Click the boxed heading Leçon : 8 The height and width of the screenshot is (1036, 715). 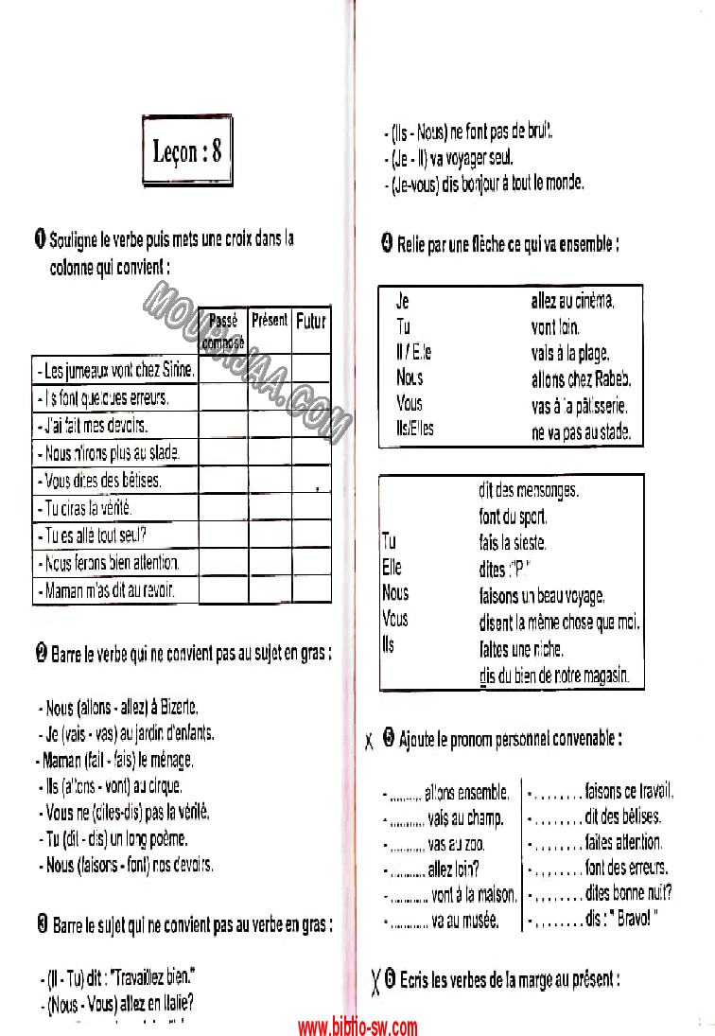[x=187, y=150]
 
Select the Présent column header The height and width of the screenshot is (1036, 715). [x=270, y=321]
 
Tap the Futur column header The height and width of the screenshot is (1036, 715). [x=311, y=321]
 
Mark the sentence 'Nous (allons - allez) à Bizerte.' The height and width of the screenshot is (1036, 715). [x=122, y=707]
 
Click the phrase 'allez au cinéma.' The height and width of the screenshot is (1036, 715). [x=573, y=302]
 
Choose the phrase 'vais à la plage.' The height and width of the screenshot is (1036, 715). [x=569, y=353]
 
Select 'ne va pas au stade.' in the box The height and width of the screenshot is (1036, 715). [x=581, y=433]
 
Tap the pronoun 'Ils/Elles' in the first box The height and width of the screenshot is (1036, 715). [x=415, y=429]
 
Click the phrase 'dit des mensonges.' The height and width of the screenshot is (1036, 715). [x=529, y=490]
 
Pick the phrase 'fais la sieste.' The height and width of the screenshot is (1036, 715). [x=513, y=543]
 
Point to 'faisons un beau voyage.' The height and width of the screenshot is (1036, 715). [x=542, y=596]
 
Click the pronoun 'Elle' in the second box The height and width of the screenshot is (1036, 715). [x=392, y=568]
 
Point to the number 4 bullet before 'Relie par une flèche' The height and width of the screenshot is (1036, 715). [x=387, y=244]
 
